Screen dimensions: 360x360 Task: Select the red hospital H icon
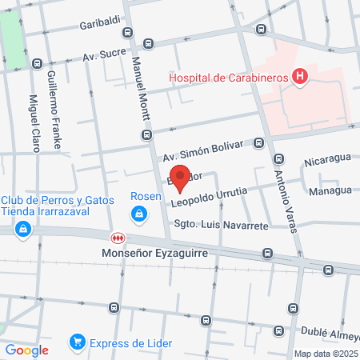click(x=300, y=77)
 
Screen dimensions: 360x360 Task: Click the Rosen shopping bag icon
click(x=140, y=214)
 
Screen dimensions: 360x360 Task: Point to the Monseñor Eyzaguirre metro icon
click(x=118, y=238)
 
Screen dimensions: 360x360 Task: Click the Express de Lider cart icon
click(x=78, y=342)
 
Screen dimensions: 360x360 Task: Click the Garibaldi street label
click(x=99, y=25)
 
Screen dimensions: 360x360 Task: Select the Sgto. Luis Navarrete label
click(x=221, y=226)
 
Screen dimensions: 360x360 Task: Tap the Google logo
click(x=26, y=349)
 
